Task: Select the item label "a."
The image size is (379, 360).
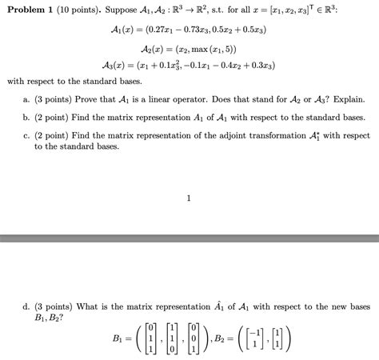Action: tap(28, 98)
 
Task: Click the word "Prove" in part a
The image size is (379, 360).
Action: tap(85, 98)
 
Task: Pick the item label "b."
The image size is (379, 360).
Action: tap(28, 115)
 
